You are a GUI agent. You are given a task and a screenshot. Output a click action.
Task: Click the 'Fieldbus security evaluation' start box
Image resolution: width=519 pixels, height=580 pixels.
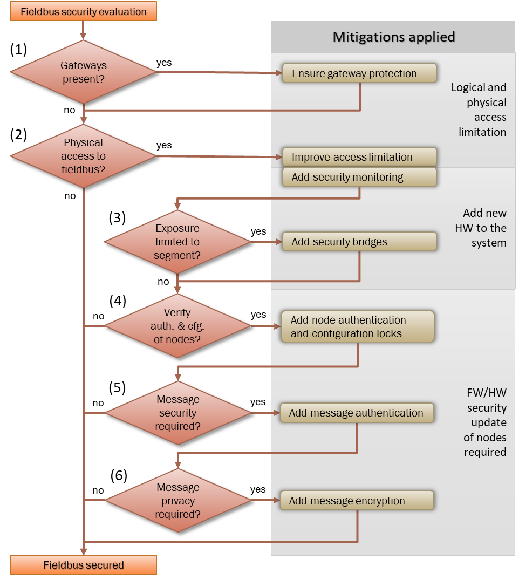83,11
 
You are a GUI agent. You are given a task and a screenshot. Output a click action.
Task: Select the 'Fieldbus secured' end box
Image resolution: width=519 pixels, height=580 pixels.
83,565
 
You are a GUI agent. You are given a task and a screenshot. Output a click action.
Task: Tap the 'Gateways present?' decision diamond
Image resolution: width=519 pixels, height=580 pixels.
83,72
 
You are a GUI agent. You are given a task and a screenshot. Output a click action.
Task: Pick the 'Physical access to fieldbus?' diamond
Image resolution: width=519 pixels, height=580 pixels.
83,156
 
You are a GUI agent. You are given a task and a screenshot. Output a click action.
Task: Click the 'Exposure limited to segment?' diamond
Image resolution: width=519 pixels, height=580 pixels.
177,241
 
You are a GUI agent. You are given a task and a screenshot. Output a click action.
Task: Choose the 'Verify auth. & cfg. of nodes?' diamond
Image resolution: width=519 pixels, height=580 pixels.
177,325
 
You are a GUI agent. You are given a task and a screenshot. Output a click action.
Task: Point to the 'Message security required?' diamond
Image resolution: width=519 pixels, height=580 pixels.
177,413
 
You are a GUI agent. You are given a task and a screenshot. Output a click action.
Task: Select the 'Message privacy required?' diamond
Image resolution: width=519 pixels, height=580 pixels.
177,501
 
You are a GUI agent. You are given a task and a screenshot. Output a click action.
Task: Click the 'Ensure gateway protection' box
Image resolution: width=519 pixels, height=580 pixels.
359,73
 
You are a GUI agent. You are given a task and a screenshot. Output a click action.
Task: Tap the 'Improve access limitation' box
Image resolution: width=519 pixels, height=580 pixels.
359,157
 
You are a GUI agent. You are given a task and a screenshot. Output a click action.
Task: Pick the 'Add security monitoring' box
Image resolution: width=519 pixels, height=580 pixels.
359,177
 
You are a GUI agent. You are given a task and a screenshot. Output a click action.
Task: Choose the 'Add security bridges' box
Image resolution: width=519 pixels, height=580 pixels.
359,242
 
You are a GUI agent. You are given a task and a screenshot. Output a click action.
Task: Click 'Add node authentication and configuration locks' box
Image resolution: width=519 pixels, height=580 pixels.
357,326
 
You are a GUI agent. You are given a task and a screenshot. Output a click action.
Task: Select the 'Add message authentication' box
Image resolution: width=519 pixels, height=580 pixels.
357,413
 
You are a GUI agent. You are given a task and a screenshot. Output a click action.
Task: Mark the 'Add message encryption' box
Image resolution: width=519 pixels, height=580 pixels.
357,501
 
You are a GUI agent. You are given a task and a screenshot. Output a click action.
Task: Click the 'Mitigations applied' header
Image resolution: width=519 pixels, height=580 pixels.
393,37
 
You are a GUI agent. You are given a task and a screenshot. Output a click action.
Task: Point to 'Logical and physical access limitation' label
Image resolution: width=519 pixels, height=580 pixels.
479,110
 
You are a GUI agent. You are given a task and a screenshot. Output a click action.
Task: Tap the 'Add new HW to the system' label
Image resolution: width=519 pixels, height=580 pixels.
483,228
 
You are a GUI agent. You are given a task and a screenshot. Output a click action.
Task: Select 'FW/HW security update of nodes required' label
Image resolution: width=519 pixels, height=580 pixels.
486,422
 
